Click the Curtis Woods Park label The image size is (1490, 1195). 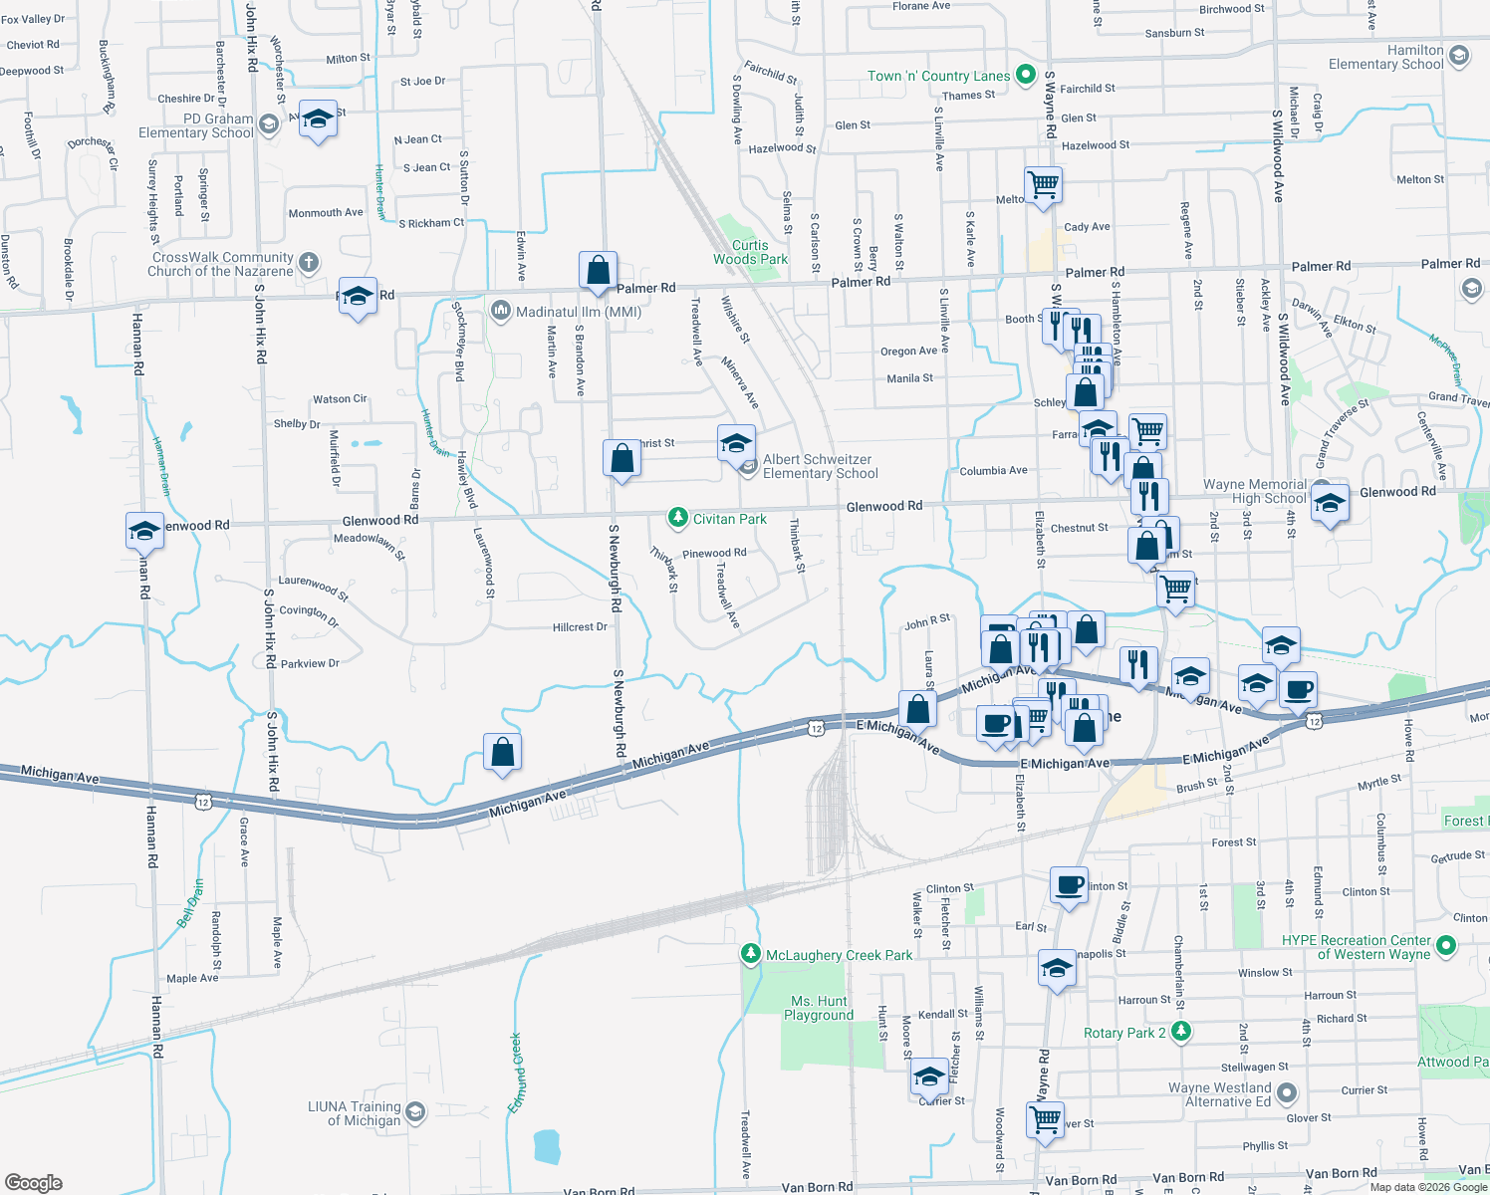tap(750, 252)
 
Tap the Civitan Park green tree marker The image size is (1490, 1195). tap(677, 518)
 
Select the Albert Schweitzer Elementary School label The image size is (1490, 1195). tap(819, 466)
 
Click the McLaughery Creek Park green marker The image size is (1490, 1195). tap(751, 954)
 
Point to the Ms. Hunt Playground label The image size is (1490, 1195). tap(819, 1008)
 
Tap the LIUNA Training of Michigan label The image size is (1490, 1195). tap(354, 1113)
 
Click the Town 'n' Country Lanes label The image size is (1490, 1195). tap(938, 76)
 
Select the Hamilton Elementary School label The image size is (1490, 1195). tap(1385, 57)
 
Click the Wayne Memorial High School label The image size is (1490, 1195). tap(1254, 491)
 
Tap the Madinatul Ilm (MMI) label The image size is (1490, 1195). tap(579, 312)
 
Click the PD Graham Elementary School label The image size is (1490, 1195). tap(196, 125)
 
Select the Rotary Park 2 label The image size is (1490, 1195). tap(1124, 1033)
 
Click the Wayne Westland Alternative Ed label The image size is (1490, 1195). tap(1219, 1094)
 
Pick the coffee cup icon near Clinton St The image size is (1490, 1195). tap(1069, 883)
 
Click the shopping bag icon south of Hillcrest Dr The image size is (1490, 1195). tap(503, 751)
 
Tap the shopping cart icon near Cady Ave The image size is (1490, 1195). tap(1043, 184)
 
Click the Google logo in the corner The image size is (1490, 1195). tap(34, 1182)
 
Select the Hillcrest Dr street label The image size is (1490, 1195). tap(580, 627)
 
